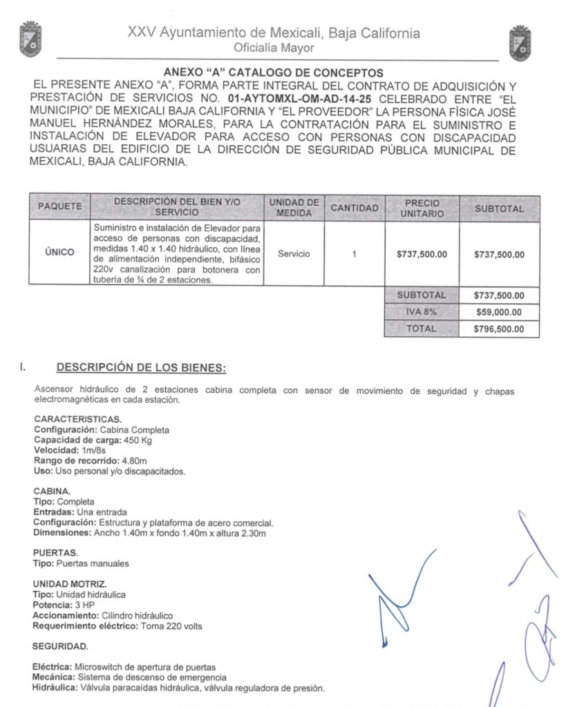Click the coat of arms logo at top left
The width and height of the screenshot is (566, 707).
pyautogui.click(x=30, y=40)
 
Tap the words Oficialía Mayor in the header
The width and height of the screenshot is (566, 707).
pyautogui.click(x=274, y=48)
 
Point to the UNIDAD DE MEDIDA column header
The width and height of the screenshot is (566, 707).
pyautogui.click(x=294, y=207)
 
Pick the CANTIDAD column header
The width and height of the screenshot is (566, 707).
pyautogui.click(x=354, y=207)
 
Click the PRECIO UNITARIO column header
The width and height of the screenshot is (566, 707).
pyautogui.click(x=422, y=207)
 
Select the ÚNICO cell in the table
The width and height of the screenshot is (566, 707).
pyautogui.click(x=59, y=253)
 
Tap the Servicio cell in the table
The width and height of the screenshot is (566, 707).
pyautogui.click(x=294, y=254)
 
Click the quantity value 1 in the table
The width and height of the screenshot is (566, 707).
pyautogui.click(x=354, y=254)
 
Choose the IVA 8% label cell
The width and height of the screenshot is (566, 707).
pyautogui.click(x=422, y=311)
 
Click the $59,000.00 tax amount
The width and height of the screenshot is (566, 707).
pyautogui.click(x=499, y=312)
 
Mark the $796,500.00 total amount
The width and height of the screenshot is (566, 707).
pyautogui.click(x=499, y=329)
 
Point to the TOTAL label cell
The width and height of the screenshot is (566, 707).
pyautogui.click(x=422, y=329)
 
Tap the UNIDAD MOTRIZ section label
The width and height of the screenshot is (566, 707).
pyautogui.click(x=70, y=584)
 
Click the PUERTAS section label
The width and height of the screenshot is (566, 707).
pyautogui.click(x=55, y=553)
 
